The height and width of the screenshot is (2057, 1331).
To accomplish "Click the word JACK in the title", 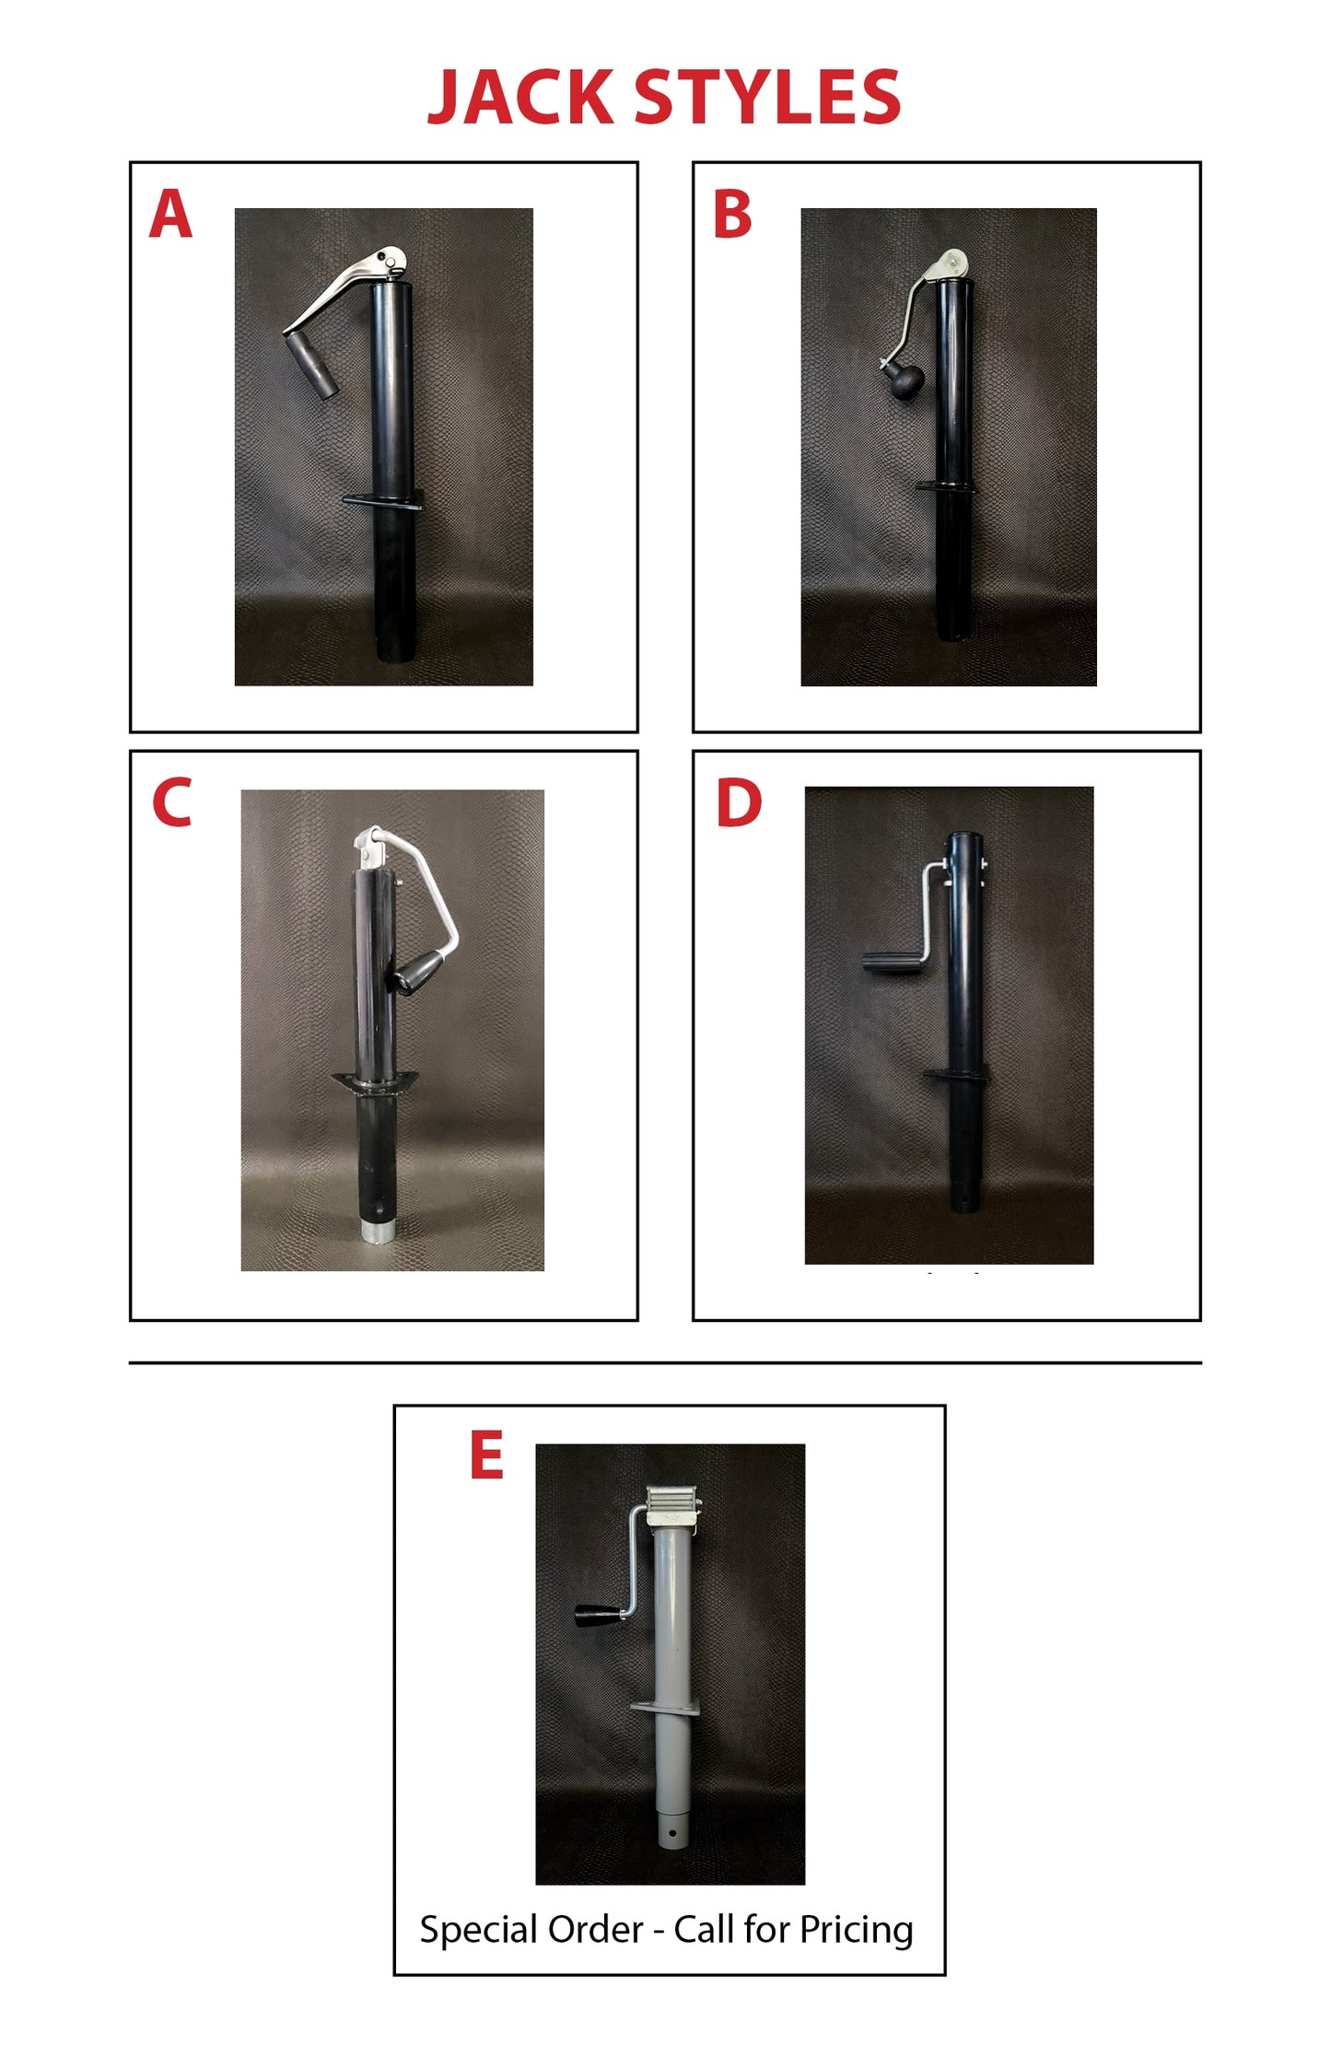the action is (x=520, y=97).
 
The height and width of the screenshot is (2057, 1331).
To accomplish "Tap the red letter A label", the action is (x=170, y=214).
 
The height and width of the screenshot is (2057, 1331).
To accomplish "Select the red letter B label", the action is (x=732, y=214).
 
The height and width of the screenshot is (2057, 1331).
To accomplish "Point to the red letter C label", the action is (x=172, y=802).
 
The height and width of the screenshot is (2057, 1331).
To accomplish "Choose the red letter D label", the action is (x=739, y=802).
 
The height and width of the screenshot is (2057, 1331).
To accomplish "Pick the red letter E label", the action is (x=486, y=1455).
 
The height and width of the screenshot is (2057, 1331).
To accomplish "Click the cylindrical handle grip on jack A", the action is (x=311, y=366).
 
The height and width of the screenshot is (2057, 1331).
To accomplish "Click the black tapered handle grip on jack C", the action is (x=419, y=973).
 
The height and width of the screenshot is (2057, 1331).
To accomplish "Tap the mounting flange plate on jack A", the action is (x=383, y=500).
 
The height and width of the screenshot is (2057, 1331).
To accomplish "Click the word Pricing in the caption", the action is (x=856, y=1930).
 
